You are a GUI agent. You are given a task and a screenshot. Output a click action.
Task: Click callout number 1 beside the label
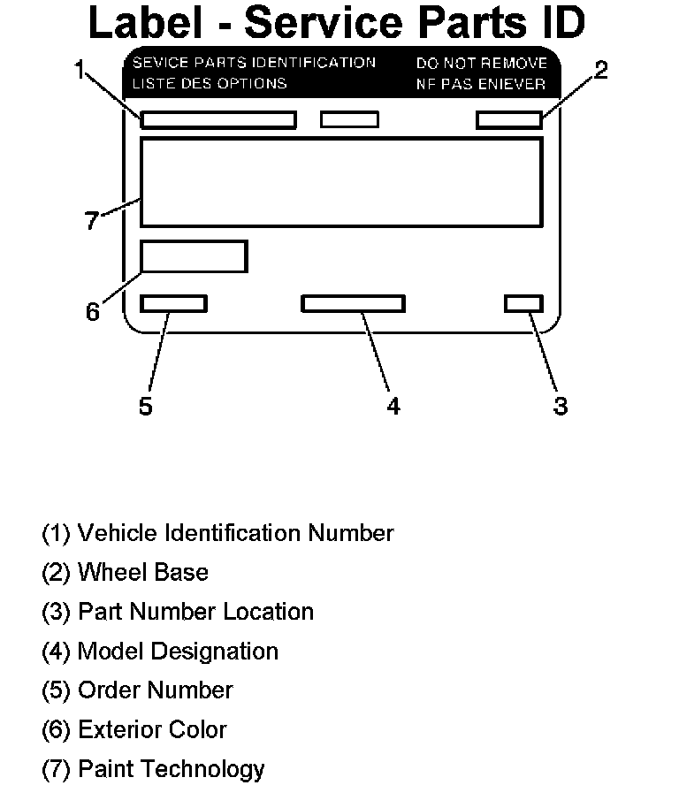coord(80,70)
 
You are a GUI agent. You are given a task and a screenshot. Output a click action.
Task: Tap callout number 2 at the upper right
coord(601,71)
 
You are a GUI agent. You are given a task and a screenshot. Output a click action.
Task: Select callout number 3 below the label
coord(560,406)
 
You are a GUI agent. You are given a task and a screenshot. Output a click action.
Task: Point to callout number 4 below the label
coord(393,406)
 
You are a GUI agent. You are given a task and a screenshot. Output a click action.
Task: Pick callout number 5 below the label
coord(146,406)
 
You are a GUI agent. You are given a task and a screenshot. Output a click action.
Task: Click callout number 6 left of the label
coord(93,311)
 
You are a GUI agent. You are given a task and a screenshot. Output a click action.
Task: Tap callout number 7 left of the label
coord(92,220)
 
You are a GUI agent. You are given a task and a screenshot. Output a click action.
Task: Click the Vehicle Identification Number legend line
coord(217,533)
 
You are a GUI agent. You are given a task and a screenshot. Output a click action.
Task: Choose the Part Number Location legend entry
coord(178,612)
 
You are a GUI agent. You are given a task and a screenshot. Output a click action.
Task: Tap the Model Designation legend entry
coord(160,652)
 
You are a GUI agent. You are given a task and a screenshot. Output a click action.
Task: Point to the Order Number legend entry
coord(137,690)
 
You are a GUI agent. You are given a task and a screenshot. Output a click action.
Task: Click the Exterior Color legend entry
coord(134,730)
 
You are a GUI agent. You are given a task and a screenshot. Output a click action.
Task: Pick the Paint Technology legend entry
coord(153,769)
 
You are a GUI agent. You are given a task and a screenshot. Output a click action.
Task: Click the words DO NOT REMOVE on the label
coord(482,64)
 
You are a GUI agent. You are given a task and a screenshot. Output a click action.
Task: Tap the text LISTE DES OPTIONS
coord(210,84)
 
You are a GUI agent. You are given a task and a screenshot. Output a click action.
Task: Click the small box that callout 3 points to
coord(523,304)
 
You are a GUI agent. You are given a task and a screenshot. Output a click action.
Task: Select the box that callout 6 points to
coord(194,256)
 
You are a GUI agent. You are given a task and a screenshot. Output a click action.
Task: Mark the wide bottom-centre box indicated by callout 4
coord(353,304)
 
